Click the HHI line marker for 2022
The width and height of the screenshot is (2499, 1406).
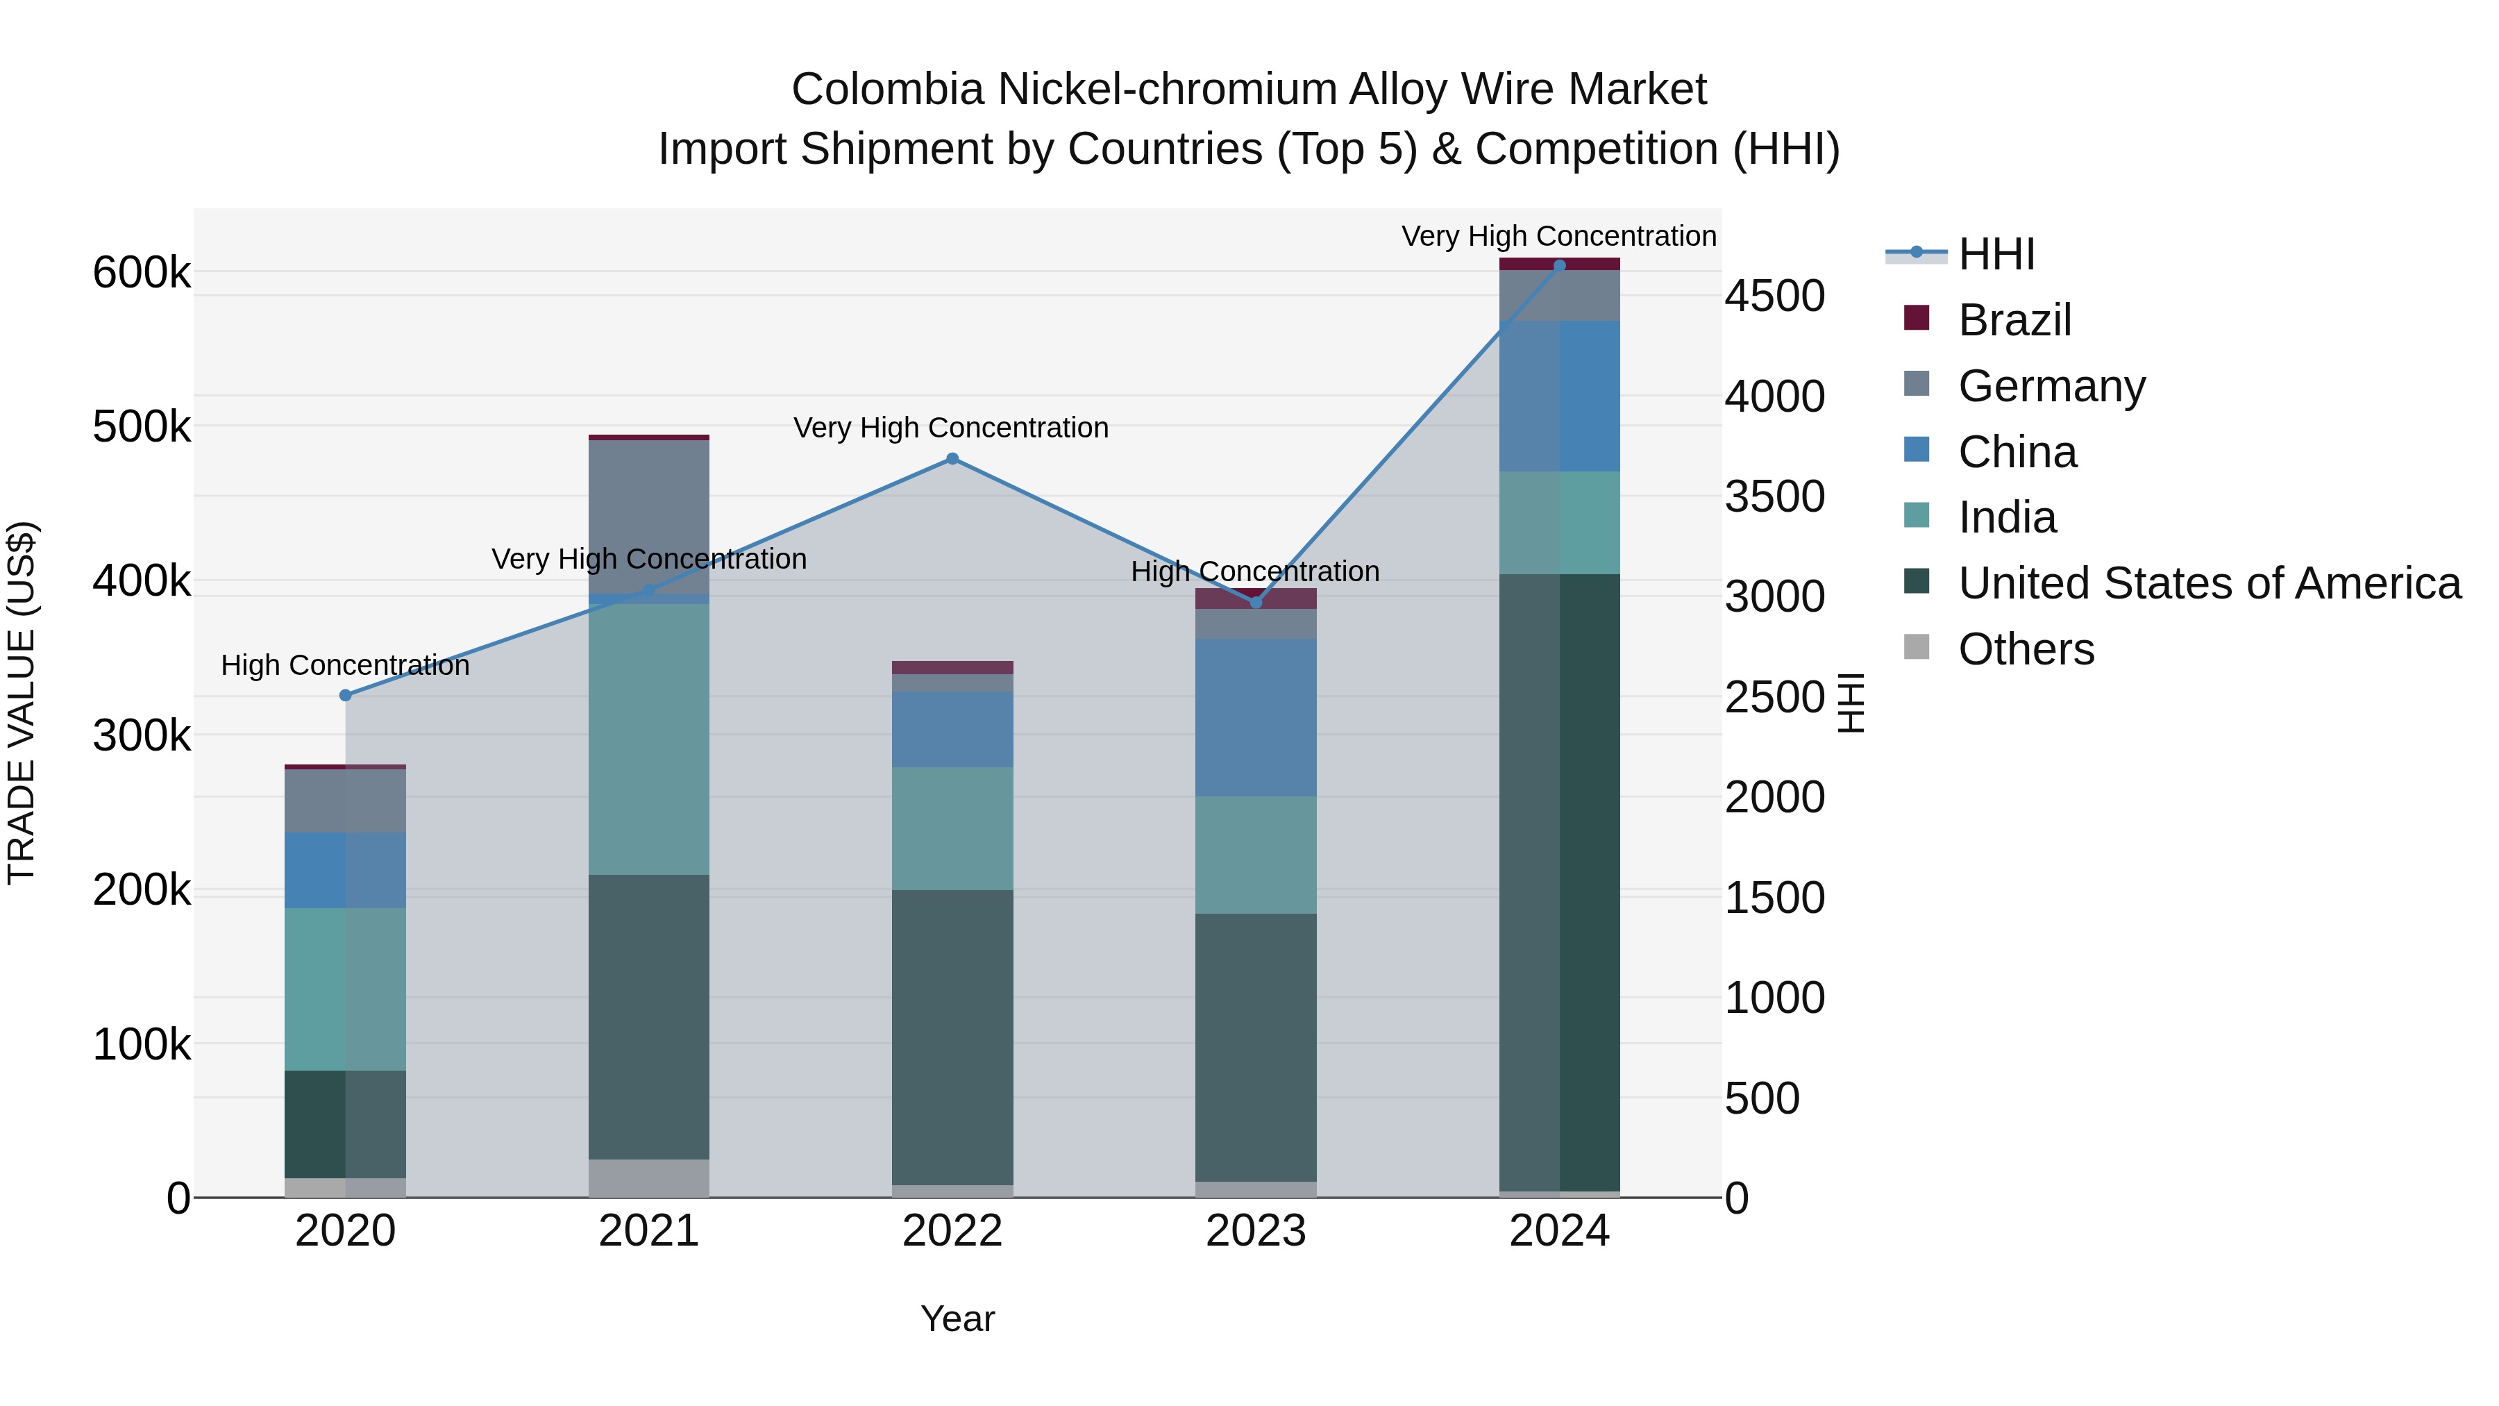pos(952,459)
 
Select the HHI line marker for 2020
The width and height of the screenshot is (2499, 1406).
pos(346,696)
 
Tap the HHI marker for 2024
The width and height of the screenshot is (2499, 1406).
pos(1560,265)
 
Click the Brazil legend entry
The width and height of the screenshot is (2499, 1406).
pos(2014,320)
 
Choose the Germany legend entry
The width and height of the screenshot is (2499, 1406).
pos(2051,386)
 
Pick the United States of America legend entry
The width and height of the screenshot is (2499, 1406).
pos(2209,583)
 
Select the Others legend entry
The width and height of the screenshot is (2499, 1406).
pos(2026,649)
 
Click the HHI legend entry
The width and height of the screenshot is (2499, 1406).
pos(1996,254)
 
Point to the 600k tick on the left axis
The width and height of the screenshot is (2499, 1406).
pos(142,273)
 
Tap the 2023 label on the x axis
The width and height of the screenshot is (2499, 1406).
pos(1255,1231)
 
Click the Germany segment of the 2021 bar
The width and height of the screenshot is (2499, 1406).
pos(649,515)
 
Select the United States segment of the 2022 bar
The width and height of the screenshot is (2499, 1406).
pos(952,1037)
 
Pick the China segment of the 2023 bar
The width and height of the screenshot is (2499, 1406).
pos(1255,717)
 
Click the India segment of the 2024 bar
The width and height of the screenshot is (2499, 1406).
pos(1560,523)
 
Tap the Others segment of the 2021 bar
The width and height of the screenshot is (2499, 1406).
pos(649,1178)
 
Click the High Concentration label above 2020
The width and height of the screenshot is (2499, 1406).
pos(346,666)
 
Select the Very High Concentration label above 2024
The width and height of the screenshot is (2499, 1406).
pos(1559,237)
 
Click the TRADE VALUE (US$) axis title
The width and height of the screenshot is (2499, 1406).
pos(22,703)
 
